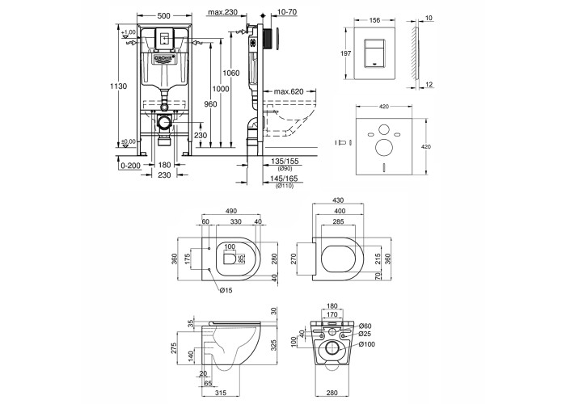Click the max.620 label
click(285, 93)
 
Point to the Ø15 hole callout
click(226, 289)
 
